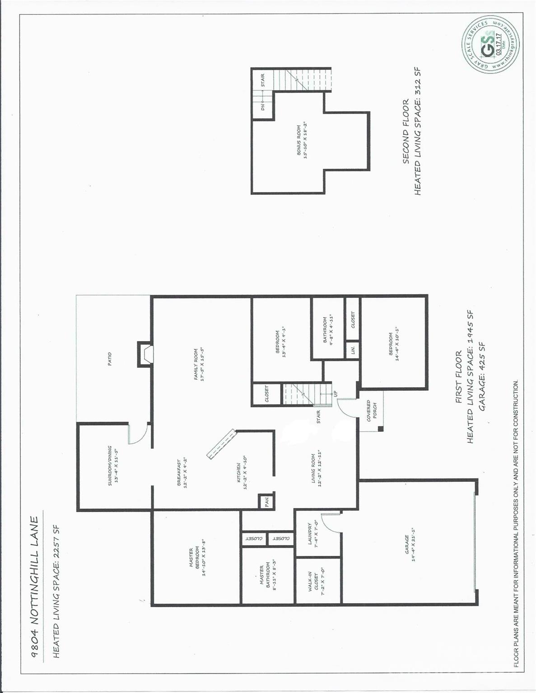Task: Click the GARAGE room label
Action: (406, 545)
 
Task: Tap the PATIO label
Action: (110, 359)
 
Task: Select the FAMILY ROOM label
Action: (196, 364)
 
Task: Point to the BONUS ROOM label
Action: (298, 140)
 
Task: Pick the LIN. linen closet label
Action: (353, 349)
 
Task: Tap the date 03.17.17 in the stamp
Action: (498, 44)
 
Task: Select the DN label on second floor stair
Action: (263, 107)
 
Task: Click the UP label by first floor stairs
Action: (335, 393)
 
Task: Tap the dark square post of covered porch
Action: (380, 429)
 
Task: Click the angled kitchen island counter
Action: (222, 444)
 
